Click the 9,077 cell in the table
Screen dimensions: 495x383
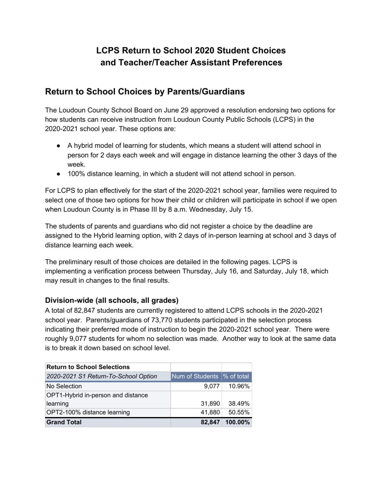[212, 386]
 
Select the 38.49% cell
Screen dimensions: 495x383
[239, 403]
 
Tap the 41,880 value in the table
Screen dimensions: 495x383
[210, 412]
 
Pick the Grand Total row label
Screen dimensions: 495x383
[64, 422]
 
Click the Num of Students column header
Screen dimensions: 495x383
[195, 376]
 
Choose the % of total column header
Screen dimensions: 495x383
[236, 376]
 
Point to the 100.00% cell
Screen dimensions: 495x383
[237, 422]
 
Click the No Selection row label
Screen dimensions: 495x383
[64, 386]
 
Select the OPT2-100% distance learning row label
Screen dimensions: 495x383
[88, 412]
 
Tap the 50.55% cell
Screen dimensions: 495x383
[239, 412]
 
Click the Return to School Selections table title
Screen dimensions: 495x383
[88, 367]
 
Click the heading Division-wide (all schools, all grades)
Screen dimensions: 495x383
[111, 300]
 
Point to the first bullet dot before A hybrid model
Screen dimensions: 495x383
[58, 146]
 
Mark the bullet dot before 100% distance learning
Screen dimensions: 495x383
[58, 174]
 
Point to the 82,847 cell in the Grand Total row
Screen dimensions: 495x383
[210, 422]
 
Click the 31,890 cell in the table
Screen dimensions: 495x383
[210, 403]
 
